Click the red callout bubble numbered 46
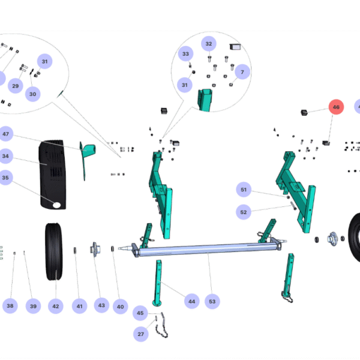point(336,107)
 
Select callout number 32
point(209,44)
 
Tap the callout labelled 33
point(185,55)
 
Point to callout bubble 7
point(242,72)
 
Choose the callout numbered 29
point(16,86)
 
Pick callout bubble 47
point(6,134)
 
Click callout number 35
point(6,178)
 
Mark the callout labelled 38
point(10,306)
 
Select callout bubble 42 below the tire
point(55,306)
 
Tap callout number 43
point(101,305)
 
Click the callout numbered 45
point(140,313)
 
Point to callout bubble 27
point(140,334)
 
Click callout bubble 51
point(244,190)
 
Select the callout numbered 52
point(244,212)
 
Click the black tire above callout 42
point(55,251)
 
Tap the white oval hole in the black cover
point(58,205)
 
